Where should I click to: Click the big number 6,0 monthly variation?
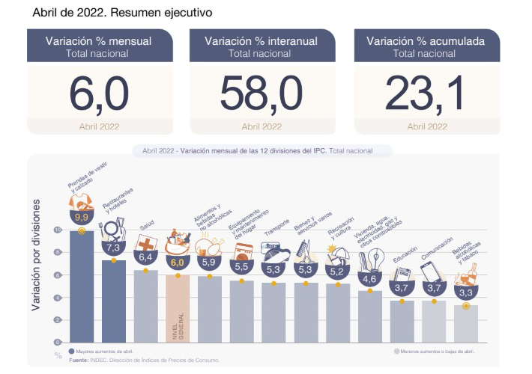100,93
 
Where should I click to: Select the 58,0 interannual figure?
261,93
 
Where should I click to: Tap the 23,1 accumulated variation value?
426,93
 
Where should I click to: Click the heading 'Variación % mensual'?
100,40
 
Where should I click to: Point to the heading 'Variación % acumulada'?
426,40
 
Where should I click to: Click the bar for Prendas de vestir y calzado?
81,288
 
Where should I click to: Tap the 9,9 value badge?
81,218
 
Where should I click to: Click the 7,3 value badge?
114,248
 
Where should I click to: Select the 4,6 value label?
369,279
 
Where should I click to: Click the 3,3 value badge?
465,292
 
